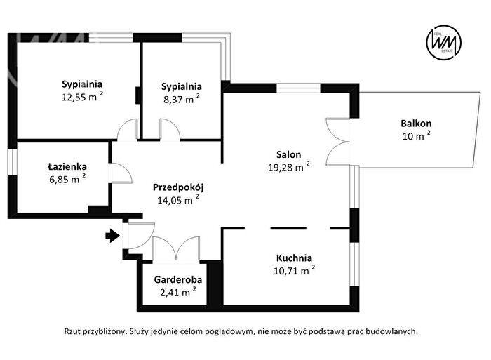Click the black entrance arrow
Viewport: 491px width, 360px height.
point(113,236)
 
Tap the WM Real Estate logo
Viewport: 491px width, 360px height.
point(444,42)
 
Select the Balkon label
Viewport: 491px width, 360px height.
point(416,124)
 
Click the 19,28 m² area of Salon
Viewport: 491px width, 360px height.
point(289,166)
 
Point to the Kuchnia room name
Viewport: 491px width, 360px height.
point(294,258)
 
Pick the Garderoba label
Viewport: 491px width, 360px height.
point(178,279)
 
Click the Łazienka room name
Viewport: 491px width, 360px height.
point(67,166)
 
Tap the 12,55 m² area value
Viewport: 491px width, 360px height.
point(82,97)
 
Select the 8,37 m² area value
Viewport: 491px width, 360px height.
point(182,99)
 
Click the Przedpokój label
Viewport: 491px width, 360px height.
point(178,187)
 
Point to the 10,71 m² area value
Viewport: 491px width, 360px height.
point(295,270)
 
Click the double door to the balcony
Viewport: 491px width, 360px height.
point(337,142)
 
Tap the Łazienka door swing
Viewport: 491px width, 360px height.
point(120,173)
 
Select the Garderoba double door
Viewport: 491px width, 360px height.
point(176,248)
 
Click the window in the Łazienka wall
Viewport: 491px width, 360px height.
point(12,161)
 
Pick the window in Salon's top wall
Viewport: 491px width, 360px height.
point(298,88)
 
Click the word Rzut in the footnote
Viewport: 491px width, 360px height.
point(72,331)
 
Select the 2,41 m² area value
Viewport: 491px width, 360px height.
point(178,292)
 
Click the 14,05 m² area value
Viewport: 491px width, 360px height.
point(178,200)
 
